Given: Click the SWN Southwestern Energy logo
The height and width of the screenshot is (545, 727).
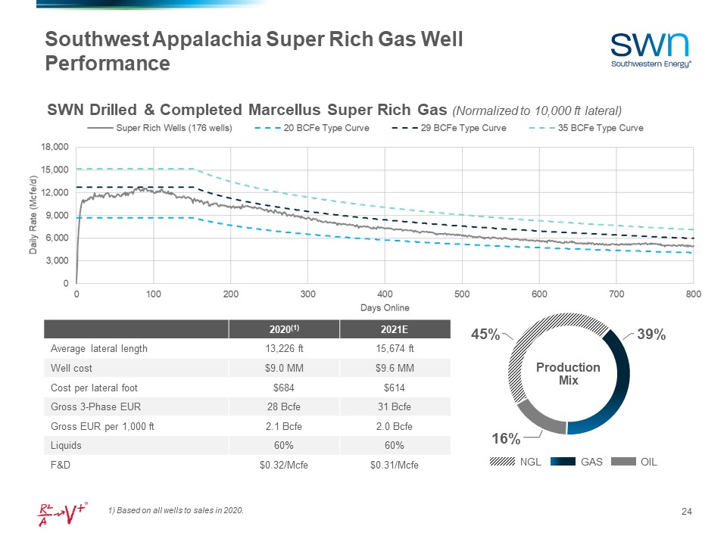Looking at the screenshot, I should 651,48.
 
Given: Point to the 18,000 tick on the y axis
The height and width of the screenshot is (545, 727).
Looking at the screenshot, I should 55,147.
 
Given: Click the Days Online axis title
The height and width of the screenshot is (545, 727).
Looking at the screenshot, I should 384,307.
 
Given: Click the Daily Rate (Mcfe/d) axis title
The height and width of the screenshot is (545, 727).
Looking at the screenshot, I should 34,215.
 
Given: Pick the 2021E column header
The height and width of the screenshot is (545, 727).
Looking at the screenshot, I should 395,330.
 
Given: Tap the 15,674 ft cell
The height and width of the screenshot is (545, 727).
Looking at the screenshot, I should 395,349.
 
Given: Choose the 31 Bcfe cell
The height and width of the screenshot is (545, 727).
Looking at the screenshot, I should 395,406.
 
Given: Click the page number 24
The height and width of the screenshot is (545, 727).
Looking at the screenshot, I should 687,514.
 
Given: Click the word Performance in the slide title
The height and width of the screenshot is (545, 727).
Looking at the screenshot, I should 108,64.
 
